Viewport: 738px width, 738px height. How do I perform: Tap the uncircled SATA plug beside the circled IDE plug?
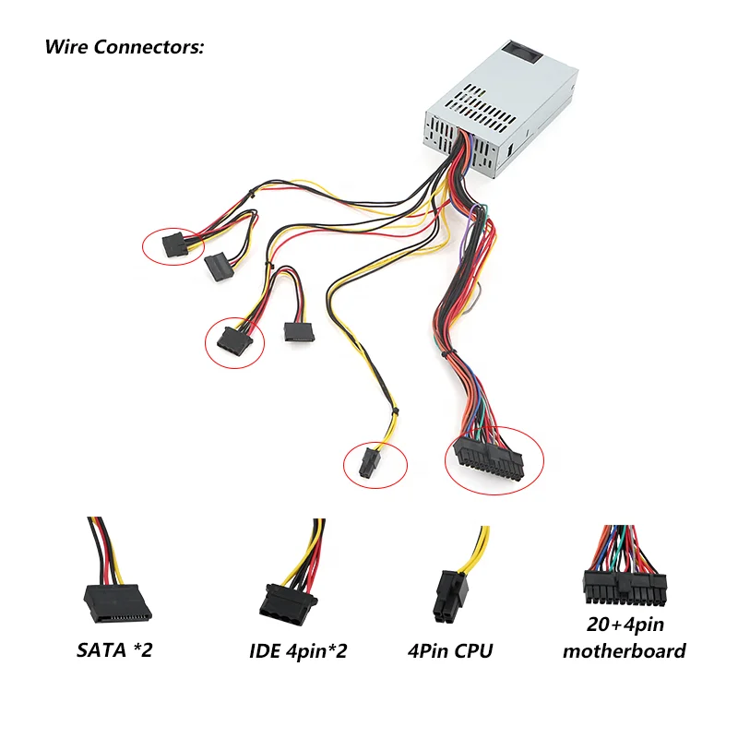tap(297, 330)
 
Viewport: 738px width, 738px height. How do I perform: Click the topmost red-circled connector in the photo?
tap(173, 245)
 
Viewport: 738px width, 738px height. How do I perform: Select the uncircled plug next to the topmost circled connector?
tap(219, 265)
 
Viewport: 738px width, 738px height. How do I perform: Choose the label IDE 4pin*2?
tap(298, 651)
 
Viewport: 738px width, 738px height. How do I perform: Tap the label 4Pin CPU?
tap(449, 651)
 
